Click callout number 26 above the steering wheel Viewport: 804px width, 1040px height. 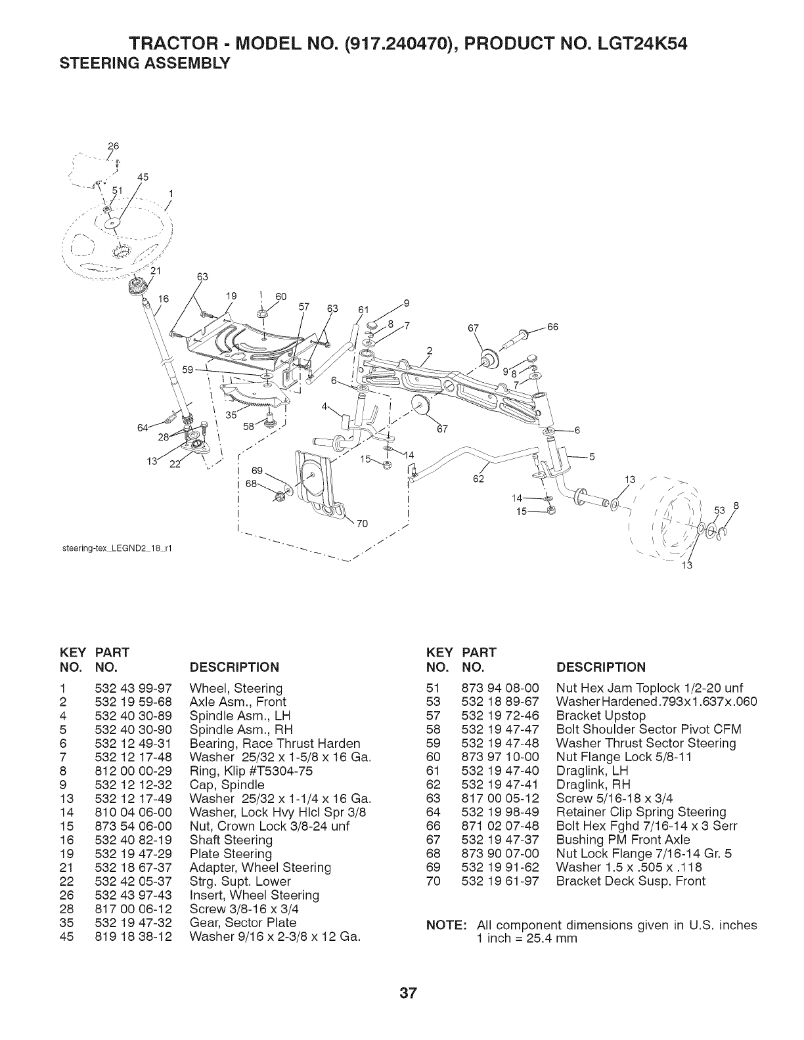click(x=110, y=145)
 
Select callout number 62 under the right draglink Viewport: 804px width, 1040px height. click(x=478, y=478)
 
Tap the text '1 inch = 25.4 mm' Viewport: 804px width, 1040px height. click(x=527, y=938)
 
